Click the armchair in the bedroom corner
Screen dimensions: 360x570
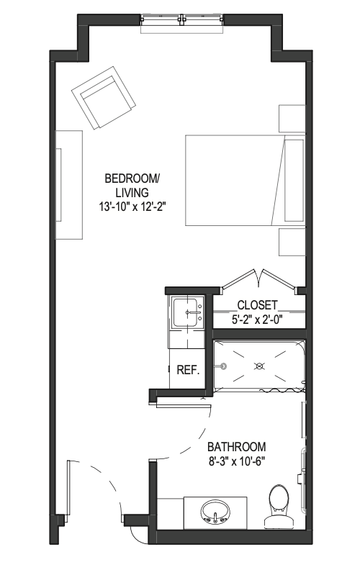coord(104,97)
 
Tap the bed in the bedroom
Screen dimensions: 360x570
coord(245,180)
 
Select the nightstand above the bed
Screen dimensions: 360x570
coord(292,119)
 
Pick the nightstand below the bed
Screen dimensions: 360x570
coord(292,242)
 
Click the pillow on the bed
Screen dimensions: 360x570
coord(294,181)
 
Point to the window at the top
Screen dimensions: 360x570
coord(181,23)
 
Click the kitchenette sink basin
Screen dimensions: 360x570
coord(188,312)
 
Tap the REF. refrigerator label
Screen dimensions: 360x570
coord(189,371)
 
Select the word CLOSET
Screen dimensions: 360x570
coord(258,305)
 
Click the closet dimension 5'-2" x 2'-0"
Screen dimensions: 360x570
coord(258,320)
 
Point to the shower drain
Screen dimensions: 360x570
coord(259,366)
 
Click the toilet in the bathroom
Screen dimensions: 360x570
coord(279,507)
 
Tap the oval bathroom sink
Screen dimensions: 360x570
coord(215,512)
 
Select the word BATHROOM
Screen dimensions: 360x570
coord(236,446)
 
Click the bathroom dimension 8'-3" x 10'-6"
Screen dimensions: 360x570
coord(236,461)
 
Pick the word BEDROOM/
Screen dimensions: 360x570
coord(132,178)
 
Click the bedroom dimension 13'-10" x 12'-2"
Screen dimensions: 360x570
coord(132,207)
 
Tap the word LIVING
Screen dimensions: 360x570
coord(132,192)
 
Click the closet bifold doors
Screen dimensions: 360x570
coord(259,279)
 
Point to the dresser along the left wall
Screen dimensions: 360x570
coord(68,185)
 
